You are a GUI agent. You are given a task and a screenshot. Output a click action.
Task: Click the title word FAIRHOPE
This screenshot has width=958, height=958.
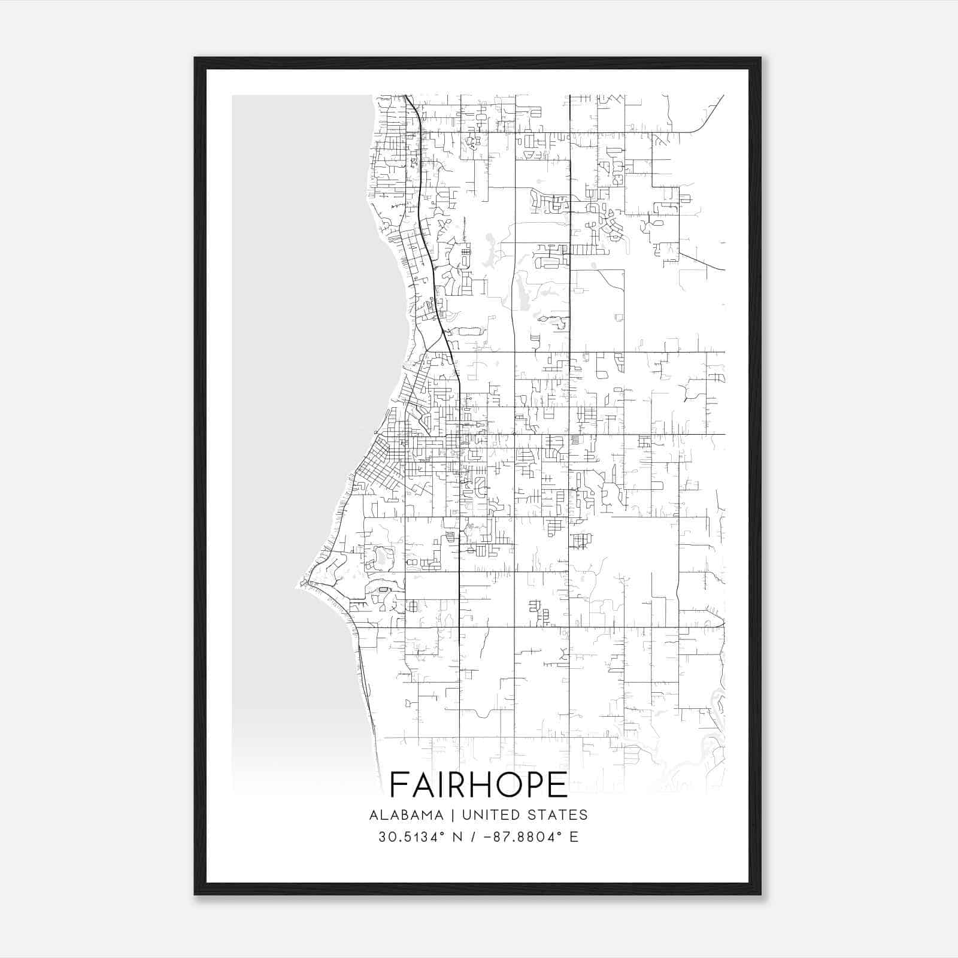click(478, 784)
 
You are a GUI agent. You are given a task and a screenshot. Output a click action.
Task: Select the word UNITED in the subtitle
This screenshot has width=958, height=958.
click(491, 815)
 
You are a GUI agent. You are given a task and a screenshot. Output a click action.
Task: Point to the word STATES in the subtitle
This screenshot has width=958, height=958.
click(558, 815)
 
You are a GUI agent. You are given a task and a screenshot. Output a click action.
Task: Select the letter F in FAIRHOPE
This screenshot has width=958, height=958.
click(400, 784)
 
